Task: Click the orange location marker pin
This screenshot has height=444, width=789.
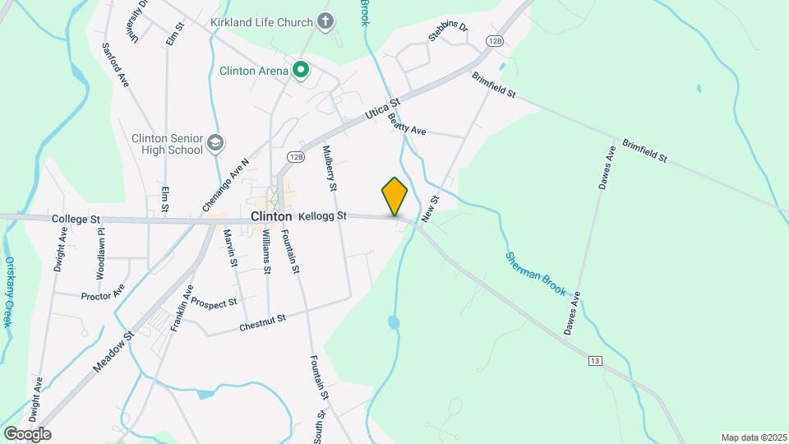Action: pos(394,196)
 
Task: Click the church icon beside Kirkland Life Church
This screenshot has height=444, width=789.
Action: pos(326,21)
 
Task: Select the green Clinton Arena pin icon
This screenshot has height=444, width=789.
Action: pos(301,71)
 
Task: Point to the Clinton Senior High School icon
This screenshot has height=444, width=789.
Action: pos(215,144)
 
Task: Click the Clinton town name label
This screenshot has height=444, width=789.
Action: pos(271,216)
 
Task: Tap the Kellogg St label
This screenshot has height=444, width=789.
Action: pos(322,215)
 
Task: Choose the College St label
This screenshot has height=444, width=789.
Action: pos(75,220)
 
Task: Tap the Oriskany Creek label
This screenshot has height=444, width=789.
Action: pos(9,292)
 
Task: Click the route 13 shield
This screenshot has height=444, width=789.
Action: pos(595,361)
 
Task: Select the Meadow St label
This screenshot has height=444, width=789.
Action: pos(113,352)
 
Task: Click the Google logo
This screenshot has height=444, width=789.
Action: pos(27,433)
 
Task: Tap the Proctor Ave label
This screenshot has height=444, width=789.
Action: pos(103,291)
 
